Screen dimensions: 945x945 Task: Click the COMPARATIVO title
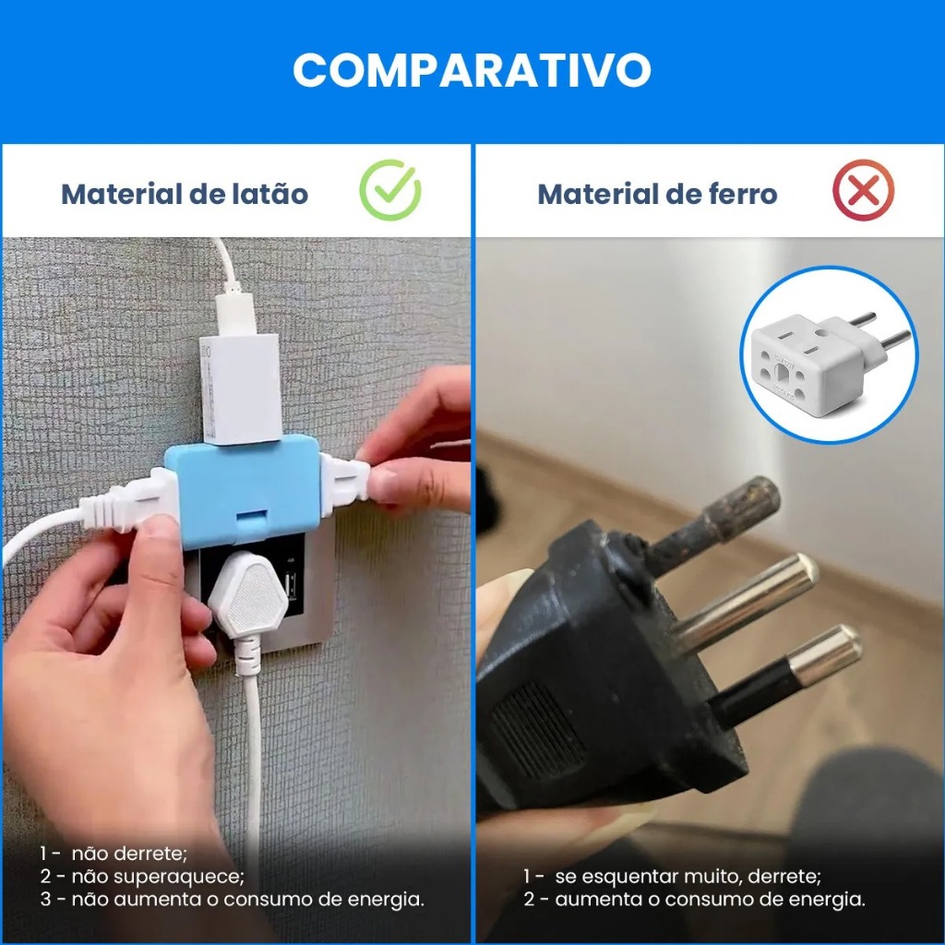(472, 70)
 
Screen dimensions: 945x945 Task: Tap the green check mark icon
(390, 190)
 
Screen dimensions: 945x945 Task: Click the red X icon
(863, 190)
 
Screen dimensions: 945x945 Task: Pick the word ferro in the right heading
(744, 194)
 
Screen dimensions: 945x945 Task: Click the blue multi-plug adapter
(244, 489)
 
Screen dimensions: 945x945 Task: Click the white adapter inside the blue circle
(829, 362)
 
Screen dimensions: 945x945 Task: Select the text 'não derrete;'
(129, 854)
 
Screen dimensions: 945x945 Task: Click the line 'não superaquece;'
(158, 877)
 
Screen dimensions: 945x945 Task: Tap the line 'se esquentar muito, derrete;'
(688, 877)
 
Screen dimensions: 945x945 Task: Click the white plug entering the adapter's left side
(129, 501)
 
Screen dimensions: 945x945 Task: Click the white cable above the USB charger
(227, 264)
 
